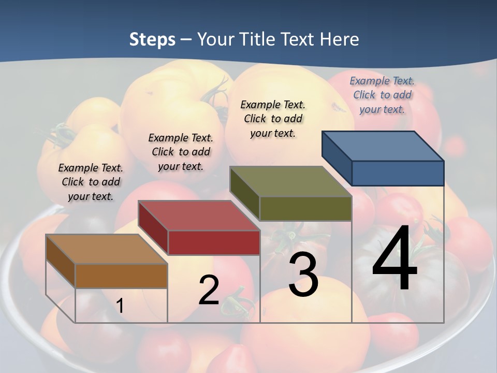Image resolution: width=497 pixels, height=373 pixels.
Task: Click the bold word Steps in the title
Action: click(x=152, y=39)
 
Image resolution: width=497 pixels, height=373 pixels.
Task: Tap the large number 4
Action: click(x=394, y=259)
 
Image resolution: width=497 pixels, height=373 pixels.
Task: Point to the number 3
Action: click(x=303, y=276)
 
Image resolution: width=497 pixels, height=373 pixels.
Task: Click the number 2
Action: click(x=209, y=290)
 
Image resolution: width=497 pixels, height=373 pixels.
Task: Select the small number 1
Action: click(x=120, y=306)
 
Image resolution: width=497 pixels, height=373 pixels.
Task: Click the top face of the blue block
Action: click(x=383, y=146)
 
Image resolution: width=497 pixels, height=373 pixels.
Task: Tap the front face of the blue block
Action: click(x=398, y=173)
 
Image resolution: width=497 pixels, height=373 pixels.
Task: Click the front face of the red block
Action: click(x=214, y=242)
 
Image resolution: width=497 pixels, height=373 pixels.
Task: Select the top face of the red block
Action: click(x=199, y=215)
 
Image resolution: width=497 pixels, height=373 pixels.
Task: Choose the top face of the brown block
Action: click(x=107, y=249)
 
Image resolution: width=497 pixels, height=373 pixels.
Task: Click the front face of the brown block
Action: click(x=121, y=276)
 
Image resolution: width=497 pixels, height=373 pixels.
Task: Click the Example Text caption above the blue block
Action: click(x=382, y=95)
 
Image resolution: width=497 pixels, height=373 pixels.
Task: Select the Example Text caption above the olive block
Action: click(x=273, y=119)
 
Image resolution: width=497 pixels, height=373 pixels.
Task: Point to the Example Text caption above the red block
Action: click(x=181, y=152)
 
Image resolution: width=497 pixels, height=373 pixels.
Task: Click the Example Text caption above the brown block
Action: click(x=91, y=182)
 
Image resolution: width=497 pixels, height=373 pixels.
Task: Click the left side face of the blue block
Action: click(x=337, y=158)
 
